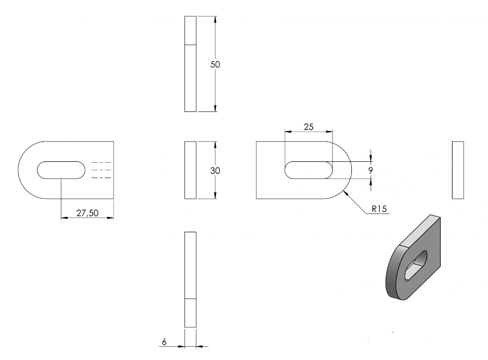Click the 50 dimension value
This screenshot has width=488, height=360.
[x=215, y=65]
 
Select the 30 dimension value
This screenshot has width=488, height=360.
[x=215, y=171]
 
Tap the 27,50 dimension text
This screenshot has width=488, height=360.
[x=87, y=213]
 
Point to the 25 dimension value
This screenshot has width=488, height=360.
[x=309, y=127]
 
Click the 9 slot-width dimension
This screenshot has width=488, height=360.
[x=371, y=171]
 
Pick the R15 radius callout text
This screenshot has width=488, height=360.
[x=379, y=209]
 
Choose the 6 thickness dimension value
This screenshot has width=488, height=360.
[x=164, y=342]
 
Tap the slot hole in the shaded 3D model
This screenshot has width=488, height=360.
[x=416, y=265]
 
